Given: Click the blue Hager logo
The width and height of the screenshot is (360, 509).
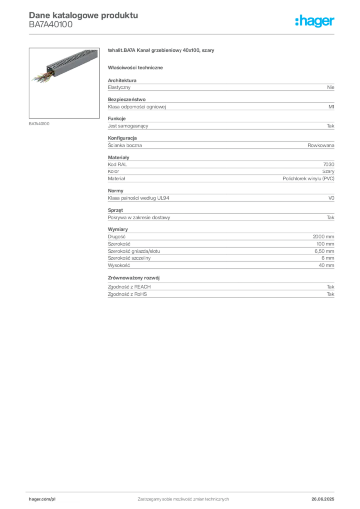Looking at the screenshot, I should pos(315,22).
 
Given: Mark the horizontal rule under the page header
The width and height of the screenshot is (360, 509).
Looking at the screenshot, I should pos(182,34).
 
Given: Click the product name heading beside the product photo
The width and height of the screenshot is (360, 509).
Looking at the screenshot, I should pos(161,51).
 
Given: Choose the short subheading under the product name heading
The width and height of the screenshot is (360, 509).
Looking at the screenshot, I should pos(137,67).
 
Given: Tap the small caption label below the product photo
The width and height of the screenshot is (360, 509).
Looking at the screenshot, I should pos(39,123).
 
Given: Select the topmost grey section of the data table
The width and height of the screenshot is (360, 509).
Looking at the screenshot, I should pos(220,87).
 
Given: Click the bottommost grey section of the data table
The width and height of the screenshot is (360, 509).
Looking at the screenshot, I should pos(220,287).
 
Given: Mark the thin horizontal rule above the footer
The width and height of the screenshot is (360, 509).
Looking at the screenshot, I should pos(182,491).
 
